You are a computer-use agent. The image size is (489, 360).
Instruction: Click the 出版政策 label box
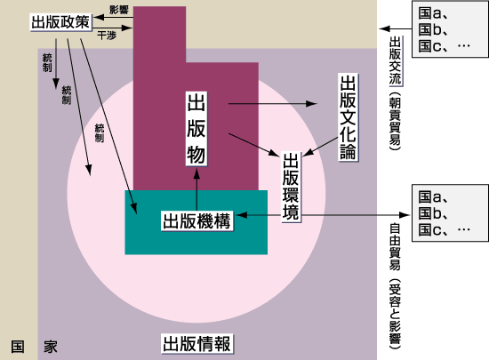click(60, 22)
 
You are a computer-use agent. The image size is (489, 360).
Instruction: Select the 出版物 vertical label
click(196, 128)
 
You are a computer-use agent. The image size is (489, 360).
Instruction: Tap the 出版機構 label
click(196, 221)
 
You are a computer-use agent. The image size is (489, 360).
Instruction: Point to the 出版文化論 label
click(348, 117)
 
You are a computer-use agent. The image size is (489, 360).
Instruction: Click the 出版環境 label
click(291, 187)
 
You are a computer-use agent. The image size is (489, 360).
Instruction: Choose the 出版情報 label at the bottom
click(196, 343)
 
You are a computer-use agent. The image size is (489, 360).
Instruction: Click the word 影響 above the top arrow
click(119, 10)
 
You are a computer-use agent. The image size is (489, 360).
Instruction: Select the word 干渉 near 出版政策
click(107, 36)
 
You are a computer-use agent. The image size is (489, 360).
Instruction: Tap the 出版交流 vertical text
click(395, 60)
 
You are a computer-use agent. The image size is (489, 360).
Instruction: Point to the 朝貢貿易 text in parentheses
click(395, 121)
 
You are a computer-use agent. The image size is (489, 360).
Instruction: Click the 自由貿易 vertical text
click(395, 247)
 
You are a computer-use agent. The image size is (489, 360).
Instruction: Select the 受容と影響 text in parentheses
click(395, 314)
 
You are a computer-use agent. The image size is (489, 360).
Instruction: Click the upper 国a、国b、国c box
click(450, 29)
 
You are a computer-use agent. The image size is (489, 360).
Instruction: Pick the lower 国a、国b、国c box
click(450, 212)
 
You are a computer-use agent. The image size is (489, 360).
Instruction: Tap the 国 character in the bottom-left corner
click(18, 347)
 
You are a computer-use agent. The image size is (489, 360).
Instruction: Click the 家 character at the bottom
click(51, 347)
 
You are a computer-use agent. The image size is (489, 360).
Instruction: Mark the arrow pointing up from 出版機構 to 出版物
click(196, 190)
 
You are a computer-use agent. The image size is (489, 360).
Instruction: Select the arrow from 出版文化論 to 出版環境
click(320, 147)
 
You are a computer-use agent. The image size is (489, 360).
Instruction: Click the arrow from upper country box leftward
click(396, 28)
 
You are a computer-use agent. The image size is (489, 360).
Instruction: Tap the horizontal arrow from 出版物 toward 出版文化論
click(273, 104)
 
